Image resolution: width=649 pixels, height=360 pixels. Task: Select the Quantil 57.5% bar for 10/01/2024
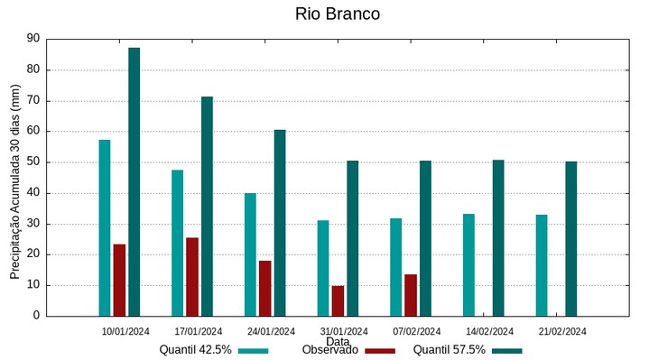[x=134, y=181]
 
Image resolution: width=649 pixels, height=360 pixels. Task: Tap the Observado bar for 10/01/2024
[x=119, y=280]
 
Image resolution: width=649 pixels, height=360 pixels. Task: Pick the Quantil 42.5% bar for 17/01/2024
[x=178, y=243]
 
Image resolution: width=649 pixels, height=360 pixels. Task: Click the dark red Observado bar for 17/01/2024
[x=192, y=276]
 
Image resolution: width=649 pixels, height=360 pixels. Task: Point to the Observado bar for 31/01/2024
[x=338, y=300]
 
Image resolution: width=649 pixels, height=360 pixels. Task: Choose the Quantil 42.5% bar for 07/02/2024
[x=396, y=267]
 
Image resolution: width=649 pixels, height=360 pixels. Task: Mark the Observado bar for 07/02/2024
[x=411, y=295]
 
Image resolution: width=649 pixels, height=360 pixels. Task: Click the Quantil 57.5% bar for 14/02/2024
[x=498, y=238]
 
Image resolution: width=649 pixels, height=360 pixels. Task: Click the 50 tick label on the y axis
[x=33, y=162]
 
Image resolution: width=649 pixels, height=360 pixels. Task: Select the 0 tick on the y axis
[x=37, y=316]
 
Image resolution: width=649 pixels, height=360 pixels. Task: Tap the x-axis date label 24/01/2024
[x=271, y=331]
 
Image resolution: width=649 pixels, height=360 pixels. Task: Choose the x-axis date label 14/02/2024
[x=489, y=331]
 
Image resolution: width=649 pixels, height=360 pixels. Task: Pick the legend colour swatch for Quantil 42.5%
[x=254, y=351]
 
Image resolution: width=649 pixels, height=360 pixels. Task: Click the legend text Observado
[x=330, y=350]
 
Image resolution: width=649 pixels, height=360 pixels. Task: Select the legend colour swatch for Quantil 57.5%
[x=507, y=351]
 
